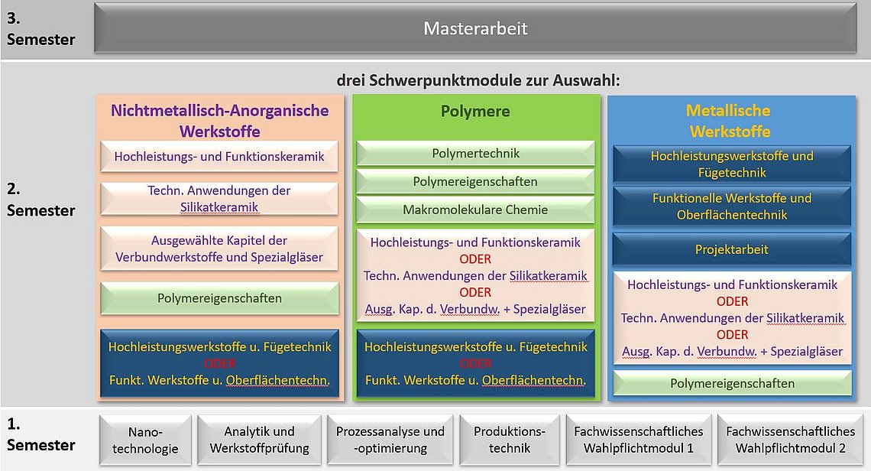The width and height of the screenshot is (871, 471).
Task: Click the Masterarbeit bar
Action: tap(475, 28)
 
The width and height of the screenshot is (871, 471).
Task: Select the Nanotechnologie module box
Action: tap(145, 440)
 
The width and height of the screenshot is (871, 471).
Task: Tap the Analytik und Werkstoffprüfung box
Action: tap(260, 440)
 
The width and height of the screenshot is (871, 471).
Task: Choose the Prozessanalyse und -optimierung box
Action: tap(390, 440)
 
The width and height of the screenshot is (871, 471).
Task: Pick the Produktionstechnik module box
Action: tap(510, 440)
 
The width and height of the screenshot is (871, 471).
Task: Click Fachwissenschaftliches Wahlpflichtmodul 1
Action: tap(639, 440)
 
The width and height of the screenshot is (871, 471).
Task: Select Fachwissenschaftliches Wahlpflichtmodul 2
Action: tap(791, 440)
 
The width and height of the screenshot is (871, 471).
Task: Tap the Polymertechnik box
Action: tap(475, 154)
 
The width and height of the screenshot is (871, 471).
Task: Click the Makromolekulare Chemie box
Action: tap(475, 210)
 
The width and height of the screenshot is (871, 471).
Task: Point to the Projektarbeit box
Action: tap(732, 250)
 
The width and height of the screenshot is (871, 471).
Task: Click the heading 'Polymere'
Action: tap(475, 111)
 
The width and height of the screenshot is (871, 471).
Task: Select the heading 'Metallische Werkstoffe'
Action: tap(730, 121)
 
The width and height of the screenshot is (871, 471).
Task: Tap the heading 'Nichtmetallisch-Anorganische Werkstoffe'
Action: tap(220, 121)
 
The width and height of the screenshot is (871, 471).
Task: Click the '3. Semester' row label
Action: tap(40, 29)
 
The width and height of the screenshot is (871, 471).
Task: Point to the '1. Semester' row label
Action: tap(40, 434)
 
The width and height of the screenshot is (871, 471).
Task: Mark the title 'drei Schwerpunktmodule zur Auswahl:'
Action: tap(478, 80)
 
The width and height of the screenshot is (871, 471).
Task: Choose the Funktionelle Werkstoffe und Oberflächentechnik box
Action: tap(732, 206)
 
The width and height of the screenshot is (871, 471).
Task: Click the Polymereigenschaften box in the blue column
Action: tap(732, 383)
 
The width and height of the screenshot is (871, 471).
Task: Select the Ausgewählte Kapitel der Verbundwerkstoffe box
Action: tap(219, 248)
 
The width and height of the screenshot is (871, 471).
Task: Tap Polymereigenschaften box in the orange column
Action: tap(219, 298)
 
